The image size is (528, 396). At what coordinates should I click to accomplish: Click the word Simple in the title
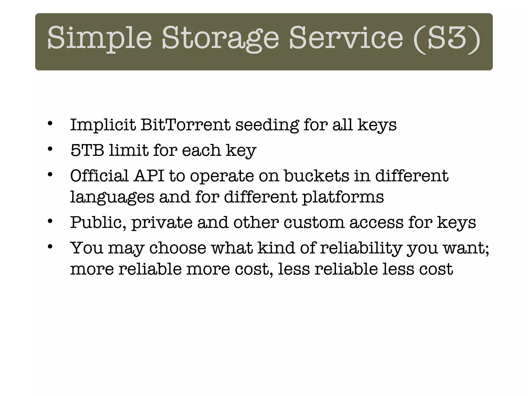[100, 39]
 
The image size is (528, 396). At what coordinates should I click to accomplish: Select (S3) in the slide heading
[447, 39]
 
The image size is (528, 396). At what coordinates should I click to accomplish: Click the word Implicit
[103, 125]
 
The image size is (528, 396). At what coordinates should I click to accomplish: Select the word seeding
[267, 125]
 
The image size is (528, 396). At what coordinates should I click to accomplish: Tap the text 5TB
[87, 150]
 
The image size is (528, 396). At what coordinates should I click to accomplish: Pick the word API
[149, 176]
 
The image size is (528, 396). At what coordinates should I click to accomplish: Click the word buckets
[317, 176]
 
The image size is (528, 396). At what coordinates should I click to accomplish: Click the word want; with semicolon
[466, 248]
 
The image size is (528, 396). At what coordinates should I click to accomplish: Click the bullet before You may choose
[50, 246]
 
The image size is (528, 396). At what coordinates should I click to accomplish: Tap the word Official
[99, 176]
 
